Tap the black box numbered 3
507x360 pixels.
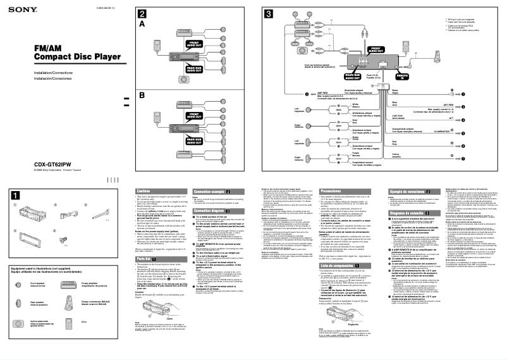(269, 14)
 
